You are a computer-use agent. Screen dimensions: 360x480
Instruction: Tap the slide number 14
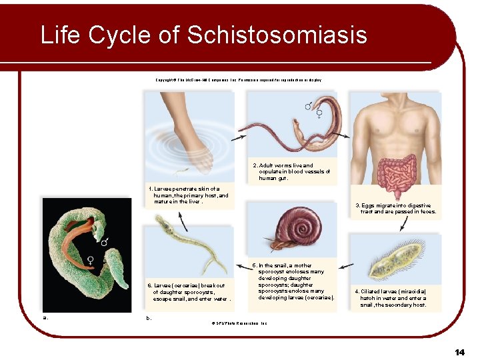[459, 351]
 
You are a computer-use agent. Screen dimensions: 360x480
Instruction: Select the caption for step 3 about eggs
[396, 209]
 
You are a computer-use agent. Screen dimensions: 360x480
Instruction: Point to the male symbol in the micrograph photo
[104, 239]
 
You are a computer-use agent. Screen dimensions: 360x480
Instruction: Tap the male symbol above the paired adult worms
[308, 106]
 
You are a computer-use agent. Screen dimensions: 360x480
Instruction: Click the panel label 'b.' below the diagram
[149, 318]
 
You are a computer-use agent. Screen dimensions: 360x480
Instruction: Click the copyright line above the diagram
[238, 80]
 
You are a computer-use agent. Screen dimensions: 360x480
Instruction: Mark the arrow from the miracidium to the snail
[345, 266]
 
